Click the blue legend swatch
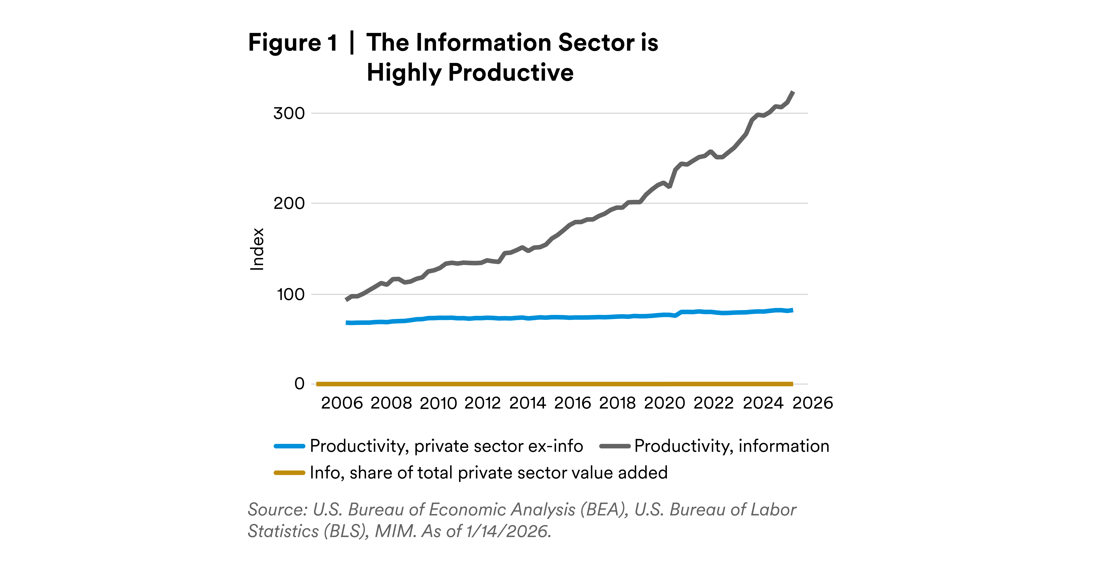click(289, 446)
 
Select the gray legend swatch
click(615, 446)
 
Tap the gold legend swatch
click(289, 473)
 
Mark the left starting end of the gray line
click(347, 299)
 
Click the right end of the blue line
click(792, 310)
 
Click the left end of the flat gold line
click(318, 384)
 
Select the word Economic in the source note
click(467, 510)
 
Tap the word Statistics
click(283, 531)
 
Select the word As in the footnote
click(432, 531)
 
